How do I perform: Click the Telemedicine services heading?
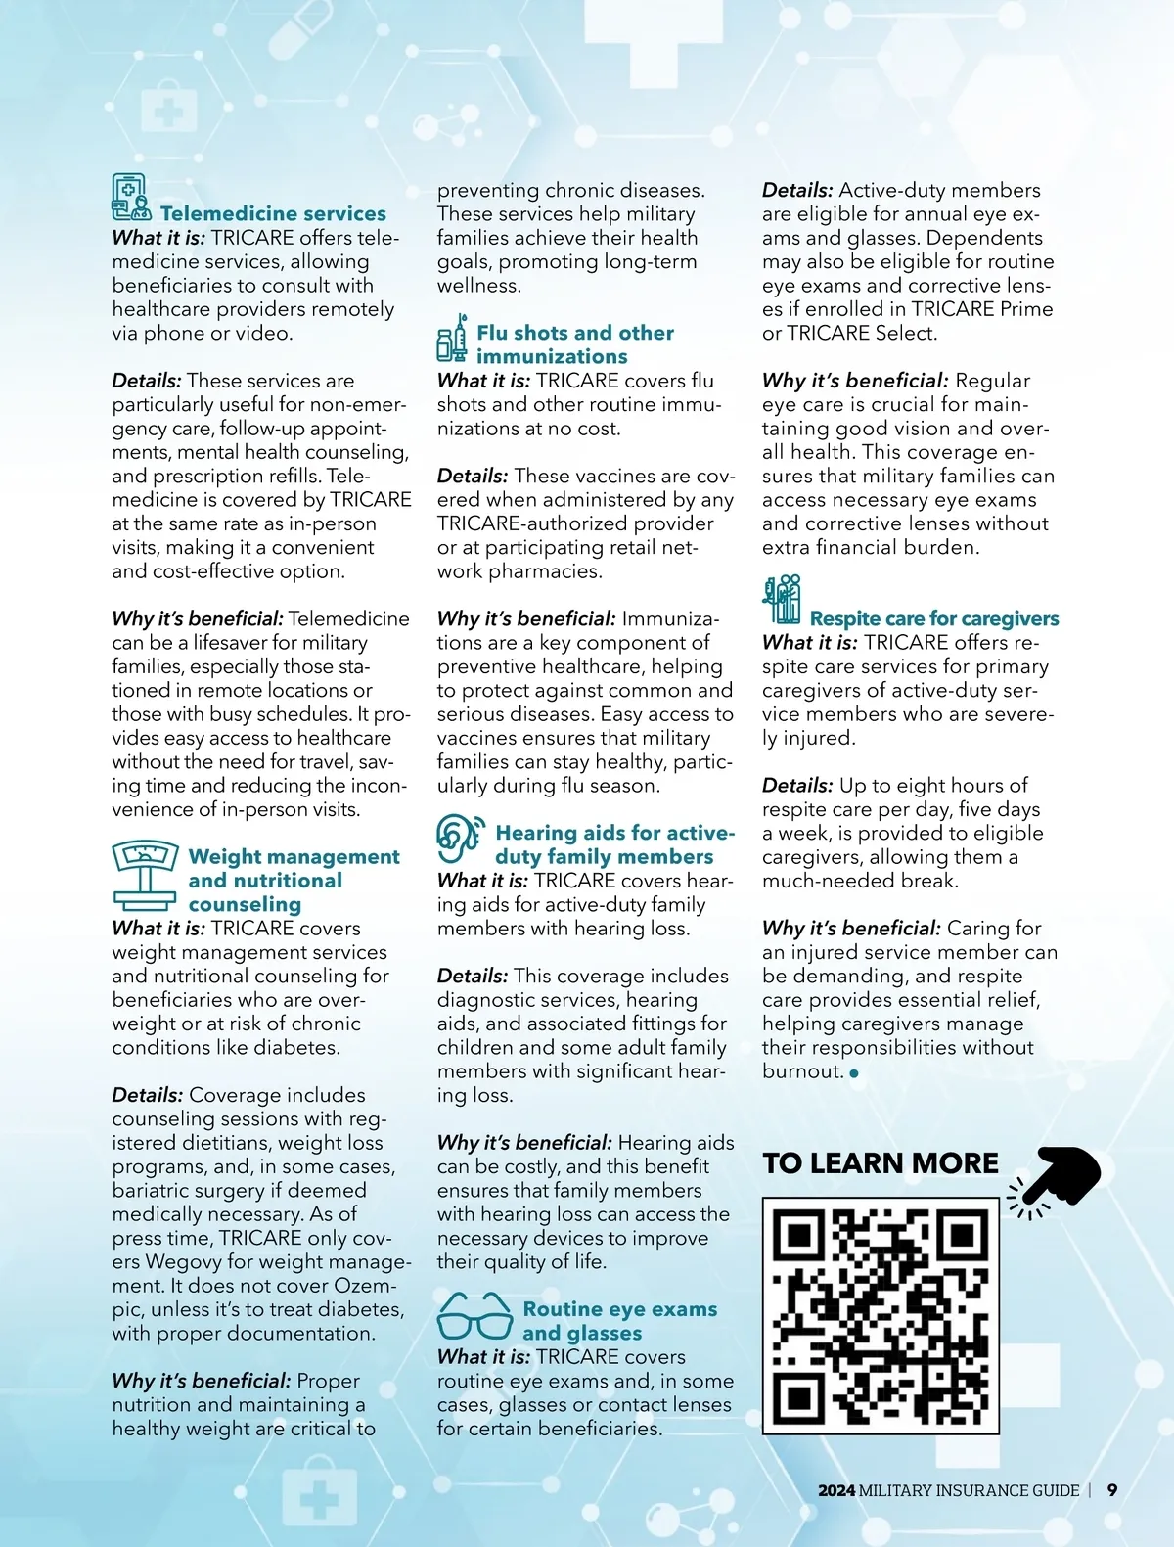click(x=273, y=213)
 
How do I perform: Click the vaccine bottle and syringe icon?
click(x=452, y=340)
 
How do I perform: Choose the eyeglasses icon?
click(x=474, y=1317)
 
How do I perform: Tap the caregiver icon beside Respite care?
click(x=782, y=599)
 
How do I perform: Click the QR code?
click(x=880, y=1315)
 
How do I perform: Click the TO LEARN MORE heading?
click(x=880, y=1163)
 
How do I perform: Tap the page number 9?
click(x=1112, y=1490)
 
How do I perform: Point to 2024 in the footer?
click(x=836, y=1491)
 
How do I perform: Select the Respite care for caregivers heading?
click(x=934, y=618)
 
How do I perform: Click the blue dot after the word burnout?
click(x=854, y=1073)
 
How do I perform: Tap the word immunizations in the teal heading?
click(x=552, y=357)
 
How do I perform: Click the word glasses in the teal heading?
click(x=582, y=1334)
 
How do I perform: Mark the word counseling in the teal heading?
click(x=245, y=905)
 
